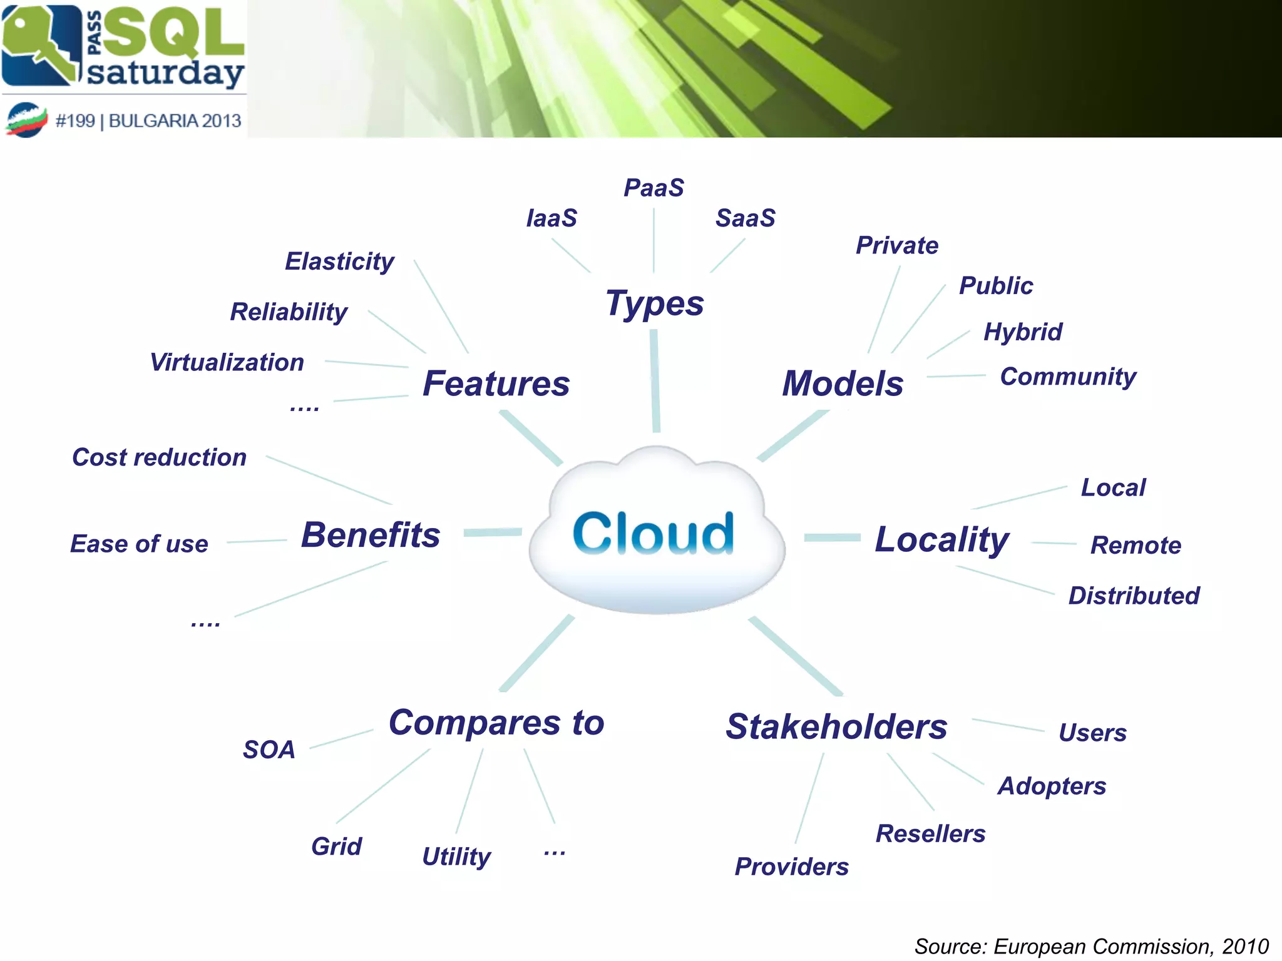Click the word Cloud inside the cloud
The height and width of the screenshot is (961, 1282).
pos(653,533)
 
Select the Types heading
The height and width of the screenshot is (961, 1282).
pos(655,304)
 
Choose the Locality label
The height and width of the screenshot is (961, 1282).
pos(941,539)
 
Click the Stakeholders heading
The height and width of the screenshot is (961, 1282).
pos(836,726)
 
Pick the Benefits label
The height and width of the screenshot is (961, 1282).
pos(371,535)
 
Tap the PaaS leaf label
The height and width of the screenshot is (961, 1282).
pos(654,188)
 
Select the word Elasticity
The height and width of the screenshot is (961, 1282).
pos(339,262)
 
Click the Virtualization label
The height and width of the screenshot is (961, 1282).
pos(227,362)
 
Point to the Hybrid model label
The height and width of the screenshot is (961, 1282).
pos(1023,332)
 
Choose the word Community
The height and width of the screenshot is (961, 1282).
pos(1068,377)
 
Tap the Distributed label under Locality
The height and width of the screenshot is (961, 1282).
pos(1134,596)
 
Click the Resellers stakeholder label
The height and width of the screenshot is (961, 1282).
pos(930,833)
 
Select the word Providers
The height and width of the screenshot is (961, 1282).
pos(791,867)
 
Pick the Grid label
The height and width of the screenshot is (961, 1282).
pos(336,847)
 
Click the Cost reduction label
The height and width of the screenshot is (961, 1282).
pos(159,457)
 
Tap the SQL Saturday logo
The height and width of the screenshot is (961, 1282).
pos(123,47)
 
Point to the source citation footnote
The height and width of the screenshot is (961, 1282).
pos(1091,946)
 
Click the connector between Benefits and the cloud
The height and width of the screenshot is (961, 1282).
pos(493,532)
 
